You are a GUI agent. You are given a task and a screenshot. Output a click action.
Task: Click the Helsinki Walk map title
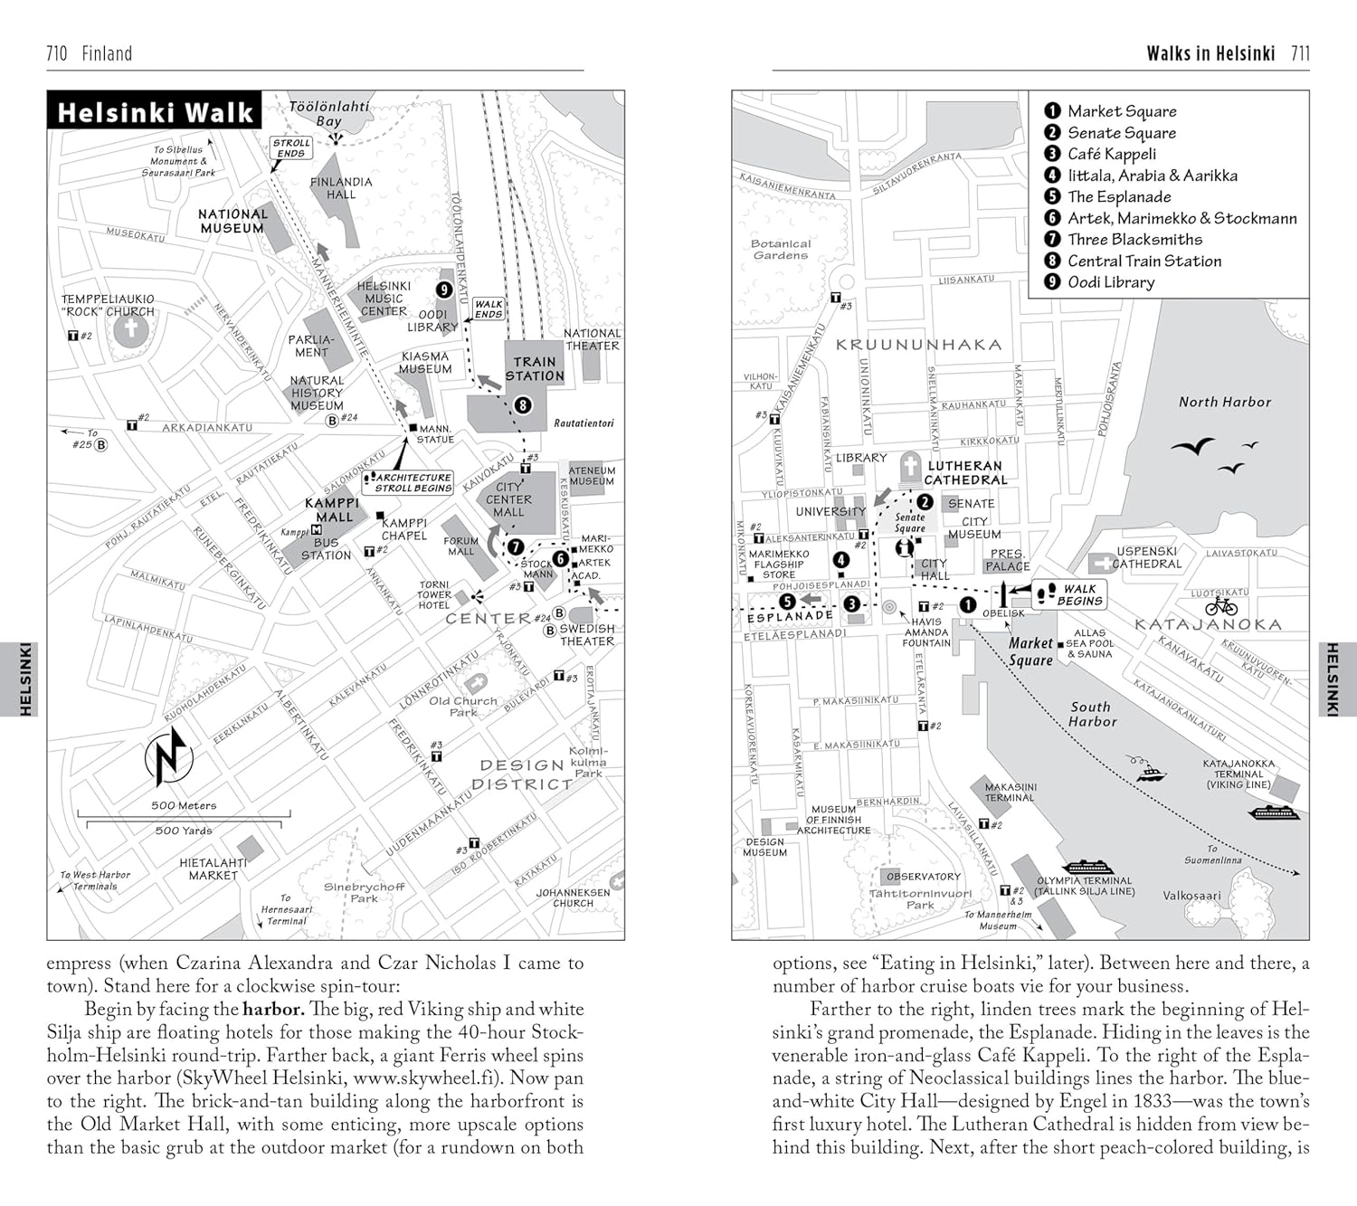(x=155, y=112)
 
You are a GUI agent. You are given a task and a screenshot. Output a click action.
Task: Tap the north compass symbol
(x=169, y=756)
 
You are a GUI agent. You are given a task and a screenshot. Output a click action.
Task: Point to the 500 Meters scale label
(x=184, y=805)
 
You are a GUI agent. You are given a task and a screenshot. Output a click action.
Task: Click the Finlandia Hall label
(x=340, y=188)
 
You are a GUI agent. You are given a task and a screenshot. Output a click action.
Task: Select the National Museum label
(x=232, y=221)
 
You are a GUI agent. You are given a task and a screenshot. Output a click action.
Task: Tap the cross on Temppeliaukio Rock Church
(x=131, y=328)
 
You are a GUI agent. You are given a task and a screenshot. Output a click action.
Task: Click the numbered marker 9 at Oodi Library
(x=443, y=290)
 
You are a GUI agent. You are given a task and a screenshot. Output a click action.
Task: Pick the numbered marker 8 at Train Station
(x=523, y=405)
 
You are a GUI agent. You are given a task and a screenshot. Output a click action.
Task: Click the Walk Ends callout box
(x=489, y=309)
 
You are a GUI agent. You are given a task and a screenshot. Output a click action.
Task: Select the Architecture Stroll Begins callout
(x=412, y=482)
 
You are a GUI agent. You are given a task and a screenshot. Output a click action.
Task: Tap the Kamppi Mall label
(x=333, y=510)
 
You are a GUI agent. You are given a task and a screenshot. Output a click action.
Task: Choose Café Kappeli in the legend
(x=1111, y=154)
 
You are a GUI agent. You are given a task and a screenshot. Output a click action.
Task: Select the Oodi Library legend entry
(x=1110, y=282)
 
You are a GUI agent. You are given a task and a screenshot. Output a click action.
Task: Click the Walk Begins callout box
(x=1070, y=594)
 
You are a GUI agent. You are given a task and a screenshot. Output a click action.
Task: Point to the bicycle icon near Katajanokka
(x=1221, y=605)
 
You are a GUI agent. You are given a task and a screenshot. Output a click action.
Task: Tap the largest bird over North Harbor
(x=1192, y=446)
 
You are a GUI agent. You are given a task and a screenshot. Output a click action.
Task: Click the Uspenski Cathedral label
(x=1146, y=557)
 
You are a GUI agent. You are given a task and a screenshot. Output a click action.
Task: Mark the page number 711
(x=1300, y=53)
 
